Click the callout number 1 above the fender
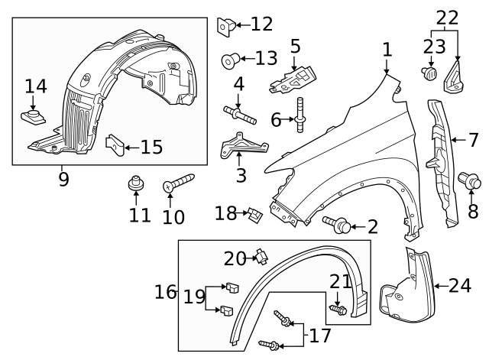(x=387, y=50)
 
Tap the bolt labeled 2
(x=338, y=225)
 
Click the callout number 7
(x=473, y=140)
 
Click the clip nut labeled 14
(x=33, y=118)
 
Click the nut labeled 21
(x=339, y=310)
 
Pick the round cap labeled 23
(x=429, y=73)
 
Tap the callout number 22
(x=446, y=18)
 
